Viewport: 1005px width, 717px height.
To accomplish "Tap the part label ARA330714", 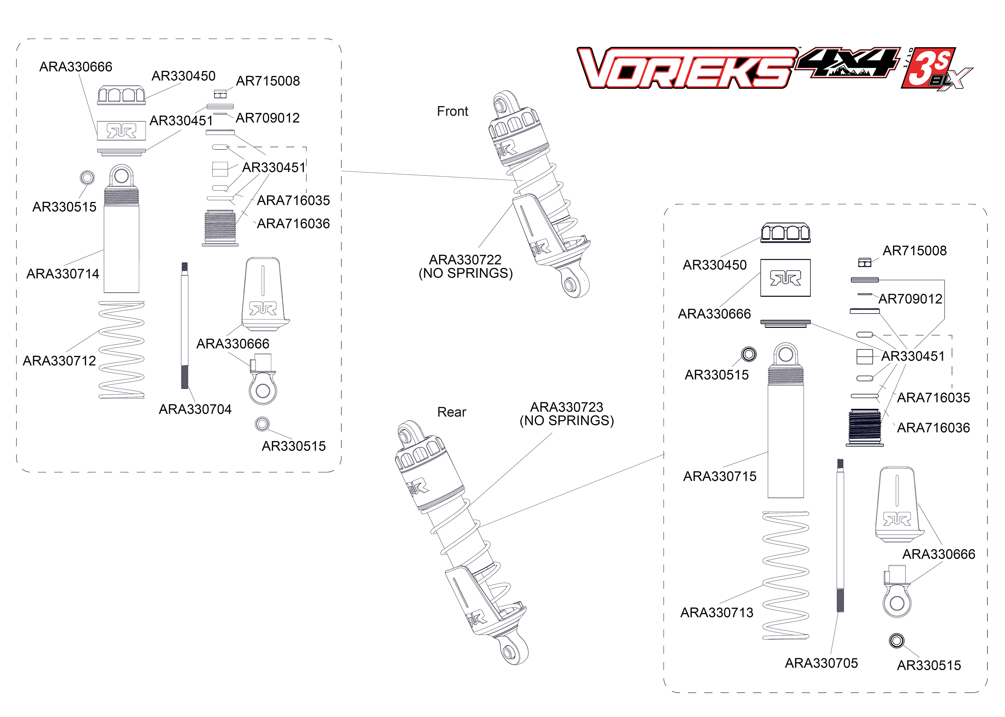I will tap(63, 274).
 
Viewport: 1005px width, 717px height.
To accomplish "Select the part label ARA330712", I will tap(59, 361).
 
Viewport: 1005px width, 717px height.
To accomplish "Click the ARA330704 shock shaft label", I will tap(195, 409).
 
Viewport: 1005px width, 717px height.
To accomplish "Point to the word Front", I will tap(452, 111).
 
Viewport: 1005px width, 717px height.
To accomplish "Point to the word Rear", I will tap(451, 412).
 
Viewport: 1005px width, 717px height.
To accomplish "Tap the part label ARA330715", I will tap(719, 476).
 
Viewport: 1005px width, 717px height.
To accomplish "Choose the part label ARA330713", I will tap(716, 612).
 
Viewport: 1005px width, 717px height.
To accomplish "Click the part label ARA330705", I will tap(821, 663).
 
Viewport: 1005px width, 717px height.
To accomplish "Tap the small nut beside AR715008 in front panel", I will tap(220, 94).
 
